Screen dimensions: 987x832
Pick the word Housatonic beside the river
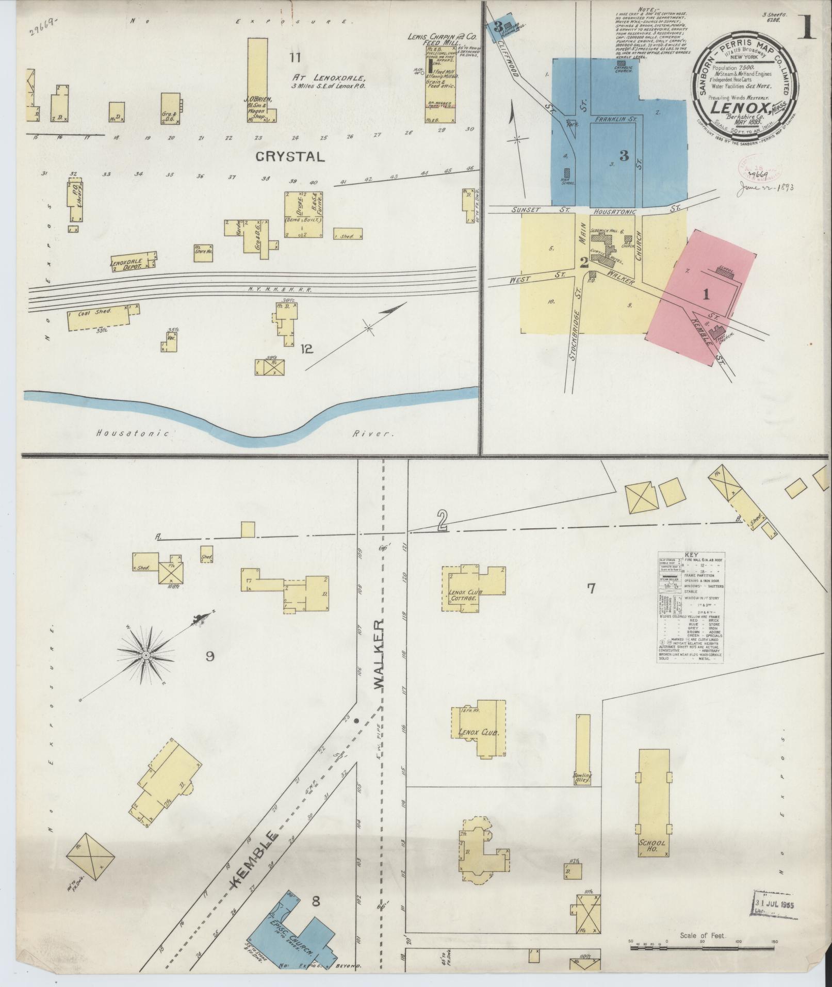pyautogui.click(x=133, y=434)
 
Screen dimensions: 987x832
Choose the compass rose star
pyautogui.click(x=146, y=655)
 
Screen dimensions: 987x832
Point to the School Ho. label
pyautogui.click(x=652, y=847)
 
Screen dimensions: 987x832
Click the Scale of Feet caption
pyautogui.click(x=703, y=935)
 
